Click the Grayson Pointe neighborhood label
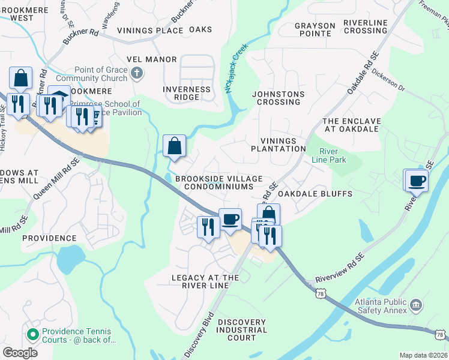tap(315, 29)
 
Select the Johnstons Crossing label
tap(278, 98)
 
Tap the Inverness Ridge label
tap(187, 93)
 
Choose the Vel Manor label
tap(152, 59)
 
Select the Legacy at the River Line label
tap(205, 281)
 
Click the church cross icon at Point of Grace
tap(137, 73)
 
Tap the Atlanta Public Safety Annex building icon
tap(415, 307)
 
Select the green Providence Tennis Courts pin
tap(32, 334)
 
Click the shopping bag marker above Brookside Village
tap(174, 146)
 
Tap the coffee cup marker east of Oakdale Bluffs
tap(417, 180)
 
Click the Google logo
tap(20, 352)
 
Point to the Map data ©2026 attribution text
tap(423, 355)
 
